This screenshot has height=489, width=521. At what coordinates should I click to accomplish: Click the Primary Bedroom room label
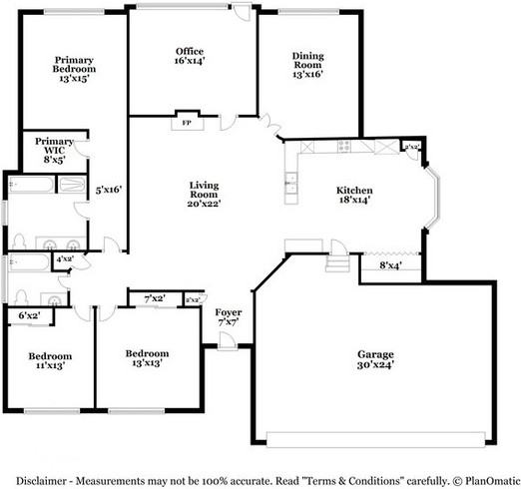click(x=73, y=68)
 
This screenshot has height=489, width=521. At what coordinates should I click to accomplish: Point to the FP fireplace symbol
click(x=186, y=123)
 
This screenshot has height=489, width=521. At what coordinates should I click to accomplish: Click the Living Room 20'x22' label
click(x=205, y=194)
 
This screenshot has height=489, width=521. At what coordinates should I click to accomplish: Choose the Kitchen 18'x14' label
click(x=354, y=195)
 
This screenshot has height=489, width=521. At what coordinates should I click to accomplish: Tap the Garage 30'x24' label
click(x=376, y=358)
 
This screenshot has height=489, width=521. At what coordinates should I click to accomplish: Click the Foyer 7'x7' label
click(x=229, y=317)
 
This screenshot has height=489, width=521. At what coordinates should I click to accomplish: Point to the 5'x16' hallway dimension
click(x=107, y=188)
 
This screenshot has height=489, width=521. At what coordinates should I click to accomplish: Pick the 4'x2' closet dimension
click(x=65, y=259)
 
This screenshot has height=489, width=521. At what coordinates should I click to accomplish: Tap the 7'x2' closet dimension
click(x=155, y=298)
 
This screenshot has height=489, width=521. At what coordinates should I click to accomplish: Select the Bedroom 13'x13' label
click(x=147, y=358)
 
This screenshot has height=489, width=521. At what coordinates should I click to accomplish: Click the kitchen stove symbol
click(x=345, y=146)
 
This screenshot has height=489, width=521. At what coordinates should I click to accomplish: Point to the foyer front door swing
click(x=228, y=340)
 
